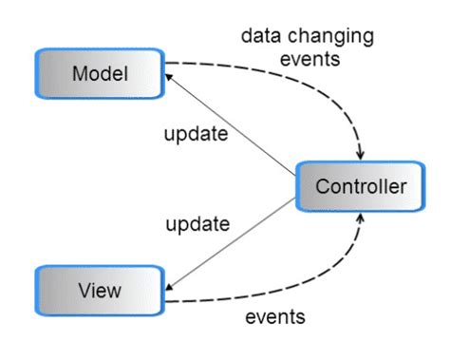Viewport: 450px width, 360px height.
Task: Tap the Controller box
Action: tap(357, 186)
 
